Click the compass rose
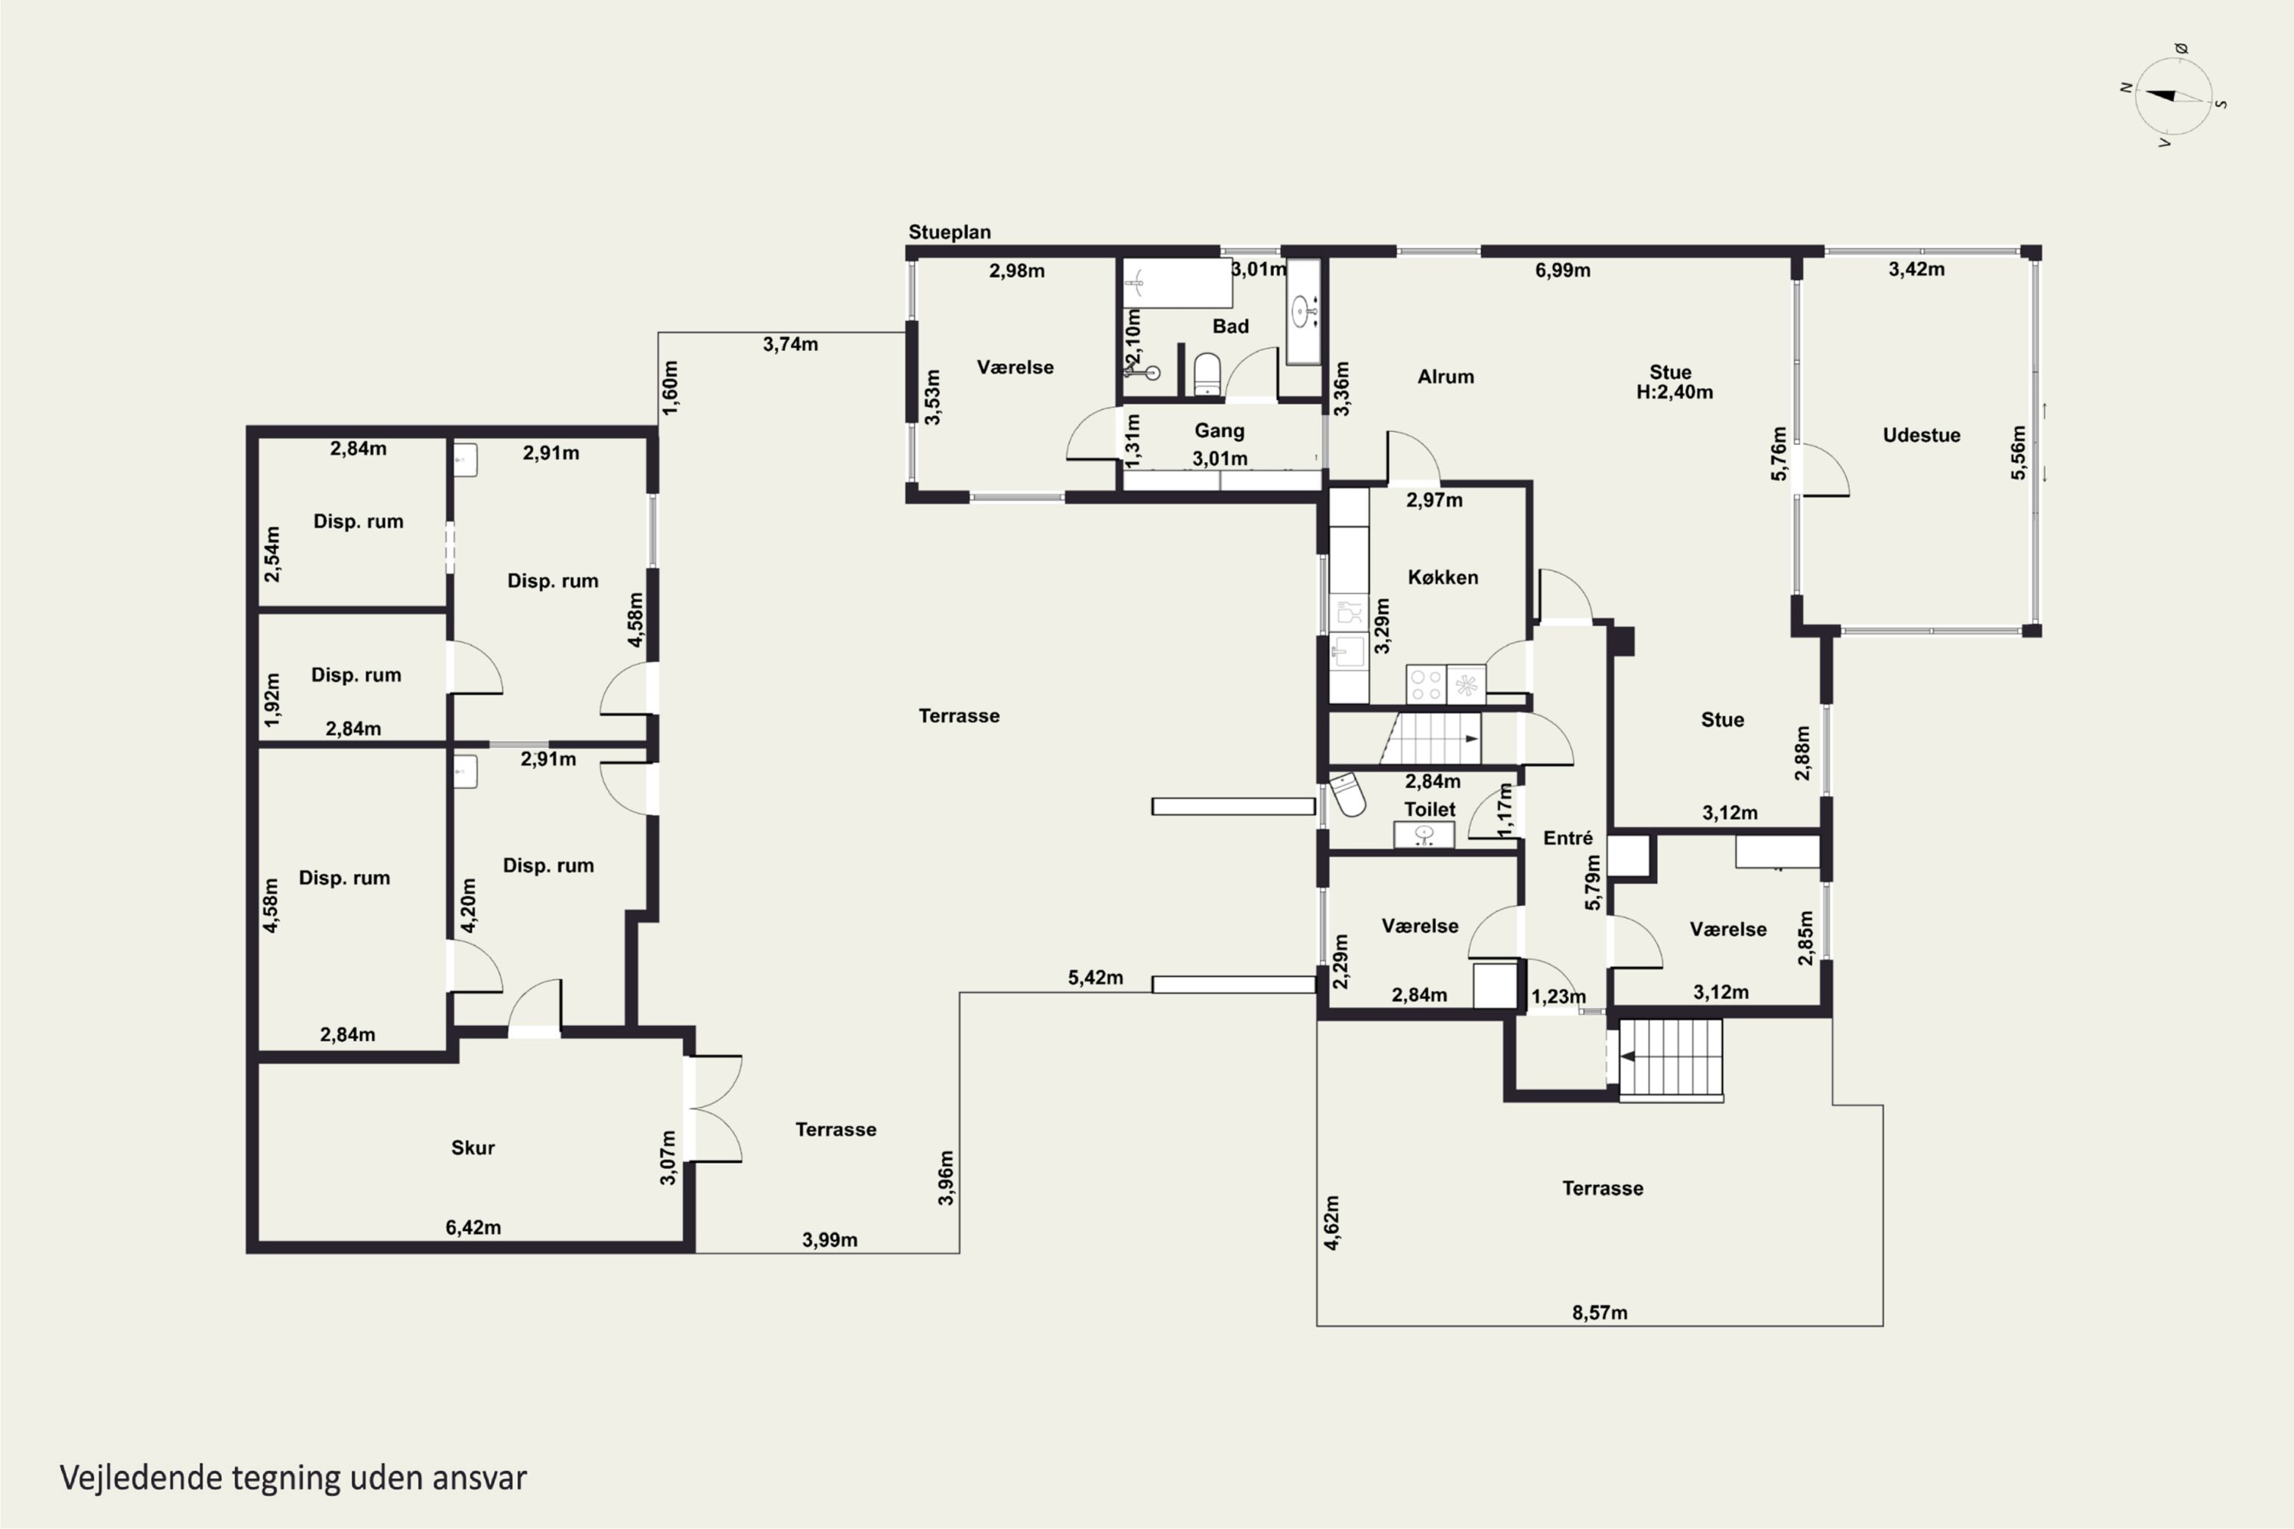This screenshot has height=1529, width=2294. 2174,96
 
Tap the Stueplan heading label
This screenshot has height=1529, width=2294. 949,232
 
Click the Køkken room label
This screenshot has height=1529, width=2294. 1442,577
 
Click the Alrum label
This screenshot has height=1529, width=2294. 1445,376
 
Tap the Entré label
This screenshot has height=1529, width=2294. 1568,838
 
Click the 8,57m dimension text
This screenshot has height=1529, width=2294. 1600,1313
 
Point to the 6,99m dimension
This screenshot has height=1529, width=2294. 1562,270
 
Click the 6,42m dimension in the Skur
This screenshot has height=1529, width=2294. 473,1227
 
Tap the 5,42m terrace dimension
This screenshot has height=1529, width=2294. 1095,977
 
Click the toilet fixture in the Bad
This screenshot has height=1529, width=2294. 1207,374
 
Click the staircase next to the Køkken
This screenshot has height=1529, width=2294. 1430,739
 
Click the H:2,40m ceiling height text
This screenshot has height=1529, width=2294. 1675,392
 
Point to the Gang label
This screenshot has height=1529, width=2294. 1219,430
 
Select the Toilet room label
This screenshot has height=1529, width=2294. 1430,810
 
